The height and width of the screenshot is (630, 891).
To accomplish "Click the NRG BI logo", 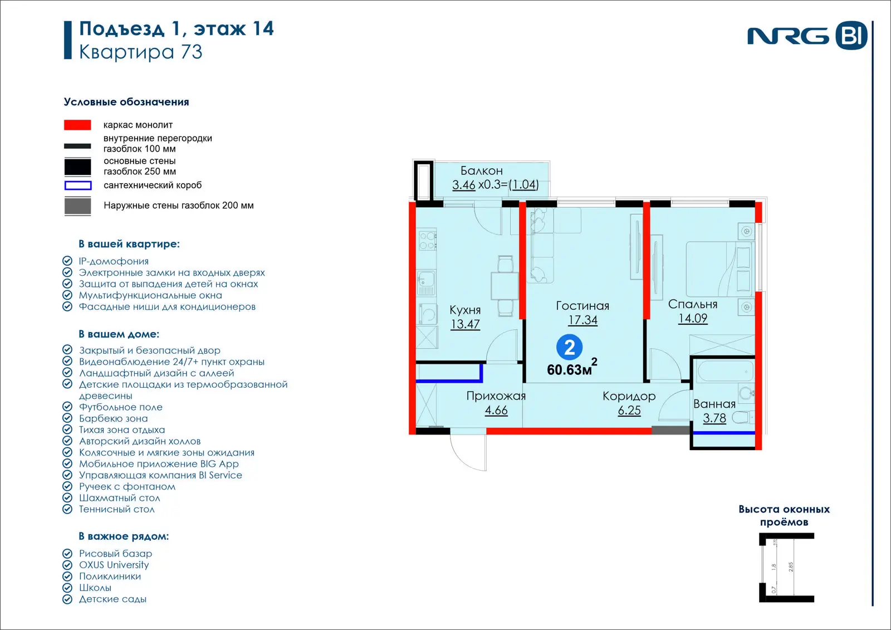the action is (807, 36).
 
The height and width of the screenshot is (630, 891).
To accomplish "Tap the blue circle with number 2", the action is (569, 348).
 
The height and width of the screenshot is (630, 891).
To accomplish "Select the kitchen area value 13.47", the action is (465, 324).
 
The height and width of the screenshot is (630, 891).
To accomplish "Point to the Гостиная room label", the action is (582, 306).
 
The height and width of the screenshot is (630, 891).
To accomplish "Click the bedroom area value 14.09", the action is (693, 319).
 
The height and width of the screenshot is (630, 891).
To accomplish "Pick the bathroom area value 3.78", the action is (714, 418).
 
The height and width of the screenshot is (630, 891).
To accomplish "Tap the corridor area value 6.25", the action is (629, 411).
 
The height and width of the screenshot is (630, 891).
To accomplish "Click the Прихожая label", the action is (496, 396).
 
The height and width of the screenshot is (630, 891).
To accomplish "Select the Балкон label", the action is (481, 171).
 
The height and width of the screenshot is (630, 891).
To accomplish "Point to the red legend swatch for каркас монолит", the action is (77, 125).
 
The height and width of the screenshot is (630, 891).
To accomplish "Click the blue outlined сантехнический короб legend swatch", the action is (78, 185).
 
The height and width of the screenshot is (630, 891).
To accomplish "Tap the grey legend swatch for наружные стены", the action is (77, 206).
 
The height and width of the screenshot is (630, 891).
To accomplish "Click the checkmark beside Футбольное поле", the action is (67, 407).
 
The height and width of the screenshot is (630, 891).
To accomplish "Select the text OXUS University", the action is (114, 565).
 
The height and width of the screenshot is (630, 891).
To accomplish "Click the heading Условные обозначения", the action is (126, 102).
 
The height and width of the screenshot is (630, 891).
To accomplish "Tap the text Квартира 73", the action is (141, 52).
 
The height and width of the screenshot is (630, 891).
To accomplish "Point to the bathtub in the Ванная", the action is (726, 372).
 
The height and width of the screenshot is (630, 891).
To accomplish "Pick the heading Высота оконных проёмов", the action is (784, 515).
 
